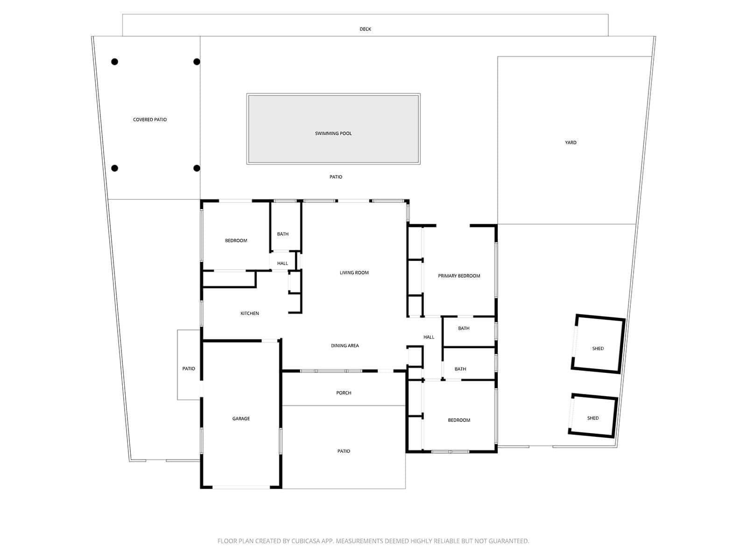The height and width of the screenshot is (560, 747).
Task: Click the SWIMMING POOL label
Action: pos(333,133)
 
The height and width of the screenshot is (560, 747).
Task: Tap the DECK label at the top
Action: pos(365,29)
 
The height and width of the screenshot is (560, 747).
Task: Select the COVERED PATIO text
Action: pos(150,119)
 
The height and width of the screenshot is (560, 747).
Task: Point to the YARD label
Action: pos(571,142)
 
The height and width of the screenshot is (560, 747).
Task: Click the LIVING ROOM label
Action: pos(354,273)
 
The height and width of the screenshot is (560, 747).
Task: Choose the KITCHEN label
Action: pos(249,314)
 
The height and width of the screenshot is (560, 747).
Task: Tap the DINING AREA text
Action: pos(345,346)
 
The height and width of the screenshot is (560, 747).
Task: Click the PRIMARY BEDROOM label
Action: pos(459,276)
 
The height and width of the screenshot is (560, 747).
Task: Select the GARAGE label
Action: pos(241,419)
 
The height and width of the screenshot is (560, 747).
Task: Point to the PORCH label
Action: pos(343,393)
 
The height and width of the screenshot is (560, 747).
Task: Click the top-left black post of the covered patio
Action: pos(115,62)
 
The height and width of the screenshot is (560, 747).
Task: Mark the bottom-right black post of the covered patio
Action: pos(197,168)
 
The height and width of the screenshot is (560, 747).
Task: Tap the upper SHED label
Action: pos(598,349)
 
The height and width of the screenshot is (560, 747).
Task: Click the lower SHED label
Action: pos(592,418)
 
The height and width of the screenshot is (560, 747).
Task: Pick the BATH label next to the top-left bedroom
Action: pos(282,234)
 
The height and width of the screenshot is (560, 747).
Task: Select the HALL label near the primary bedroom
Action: pos(429,337)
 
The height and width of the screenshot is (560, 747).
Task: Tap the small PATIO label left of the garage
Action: pos(189,369)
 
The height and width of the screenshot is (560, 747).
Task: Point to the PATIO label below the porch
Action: pos(343,451)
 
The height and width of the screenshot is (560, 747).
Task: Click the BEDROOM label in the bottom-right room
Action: pos(459,420)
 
